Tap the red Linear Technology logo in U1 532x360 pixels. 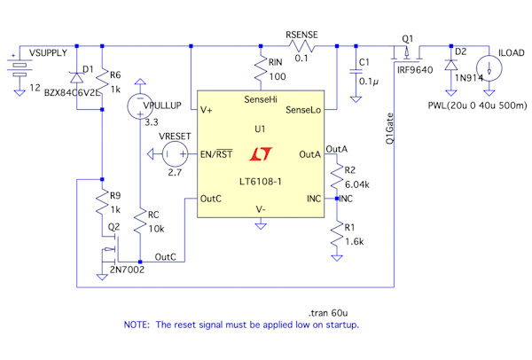pos(260,155)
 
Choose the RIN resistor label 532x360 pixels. pos(278,64)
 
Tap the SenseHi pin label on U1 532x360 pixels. pos(259,101)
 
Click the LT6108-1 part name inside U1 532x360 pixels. pos(260,182)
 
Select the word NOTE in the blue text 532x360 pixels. pos(138,325)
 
